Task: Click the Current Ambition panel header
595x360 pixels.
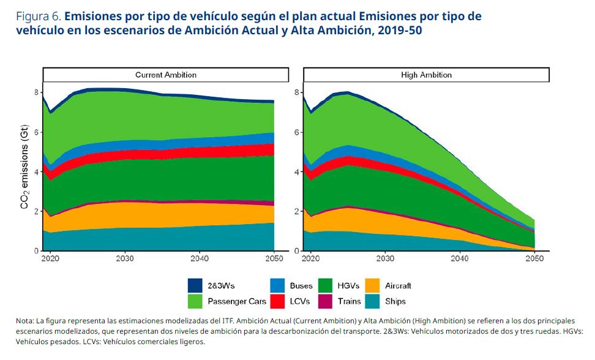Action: click(165, 75)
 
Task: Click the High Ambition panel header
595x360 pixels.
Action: click(426, 75)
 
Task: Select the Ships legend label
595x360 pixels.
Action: click(395, 301)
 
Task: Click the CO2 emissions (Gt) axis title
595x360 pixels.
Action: click(25, 171)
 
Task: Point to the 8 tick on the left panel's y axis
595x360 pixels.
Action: click(36, 92)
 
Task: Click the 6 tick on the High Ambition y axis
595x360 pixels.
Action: click(296, 132)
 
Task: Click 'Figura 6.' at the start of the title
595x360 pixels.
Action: click(37, 17)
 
